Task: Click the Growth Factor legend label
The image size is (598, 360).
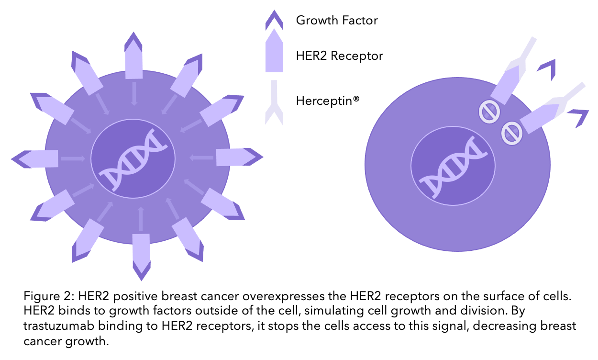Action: (x=337, y=21)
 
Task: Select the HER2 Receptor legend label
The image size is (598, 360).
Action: (x=339, y=56)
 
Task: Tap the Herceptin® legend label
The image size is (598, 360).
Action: (x=328, y=101)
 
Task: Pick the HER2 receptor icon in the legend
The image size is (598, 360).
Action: (x=274, y=51)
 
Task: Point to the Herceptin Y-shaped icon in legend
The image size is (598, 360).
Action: (x=274, y=103)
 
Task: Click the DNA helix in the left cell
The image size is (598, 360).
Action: (x=133, y=160)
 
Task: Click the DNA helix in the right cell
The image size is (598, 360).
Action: (x=453, y=168)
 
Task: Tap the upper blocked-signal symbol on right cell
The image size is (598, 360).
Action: (x=489, y=112)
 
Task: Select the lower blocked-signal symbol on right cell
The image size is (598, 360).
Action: (x=512, y=133)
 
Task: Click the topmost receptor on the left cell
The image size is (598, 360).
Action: (x=133, y=56)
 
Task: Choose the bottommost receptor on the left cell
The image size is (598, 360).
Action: (x=141, y=257)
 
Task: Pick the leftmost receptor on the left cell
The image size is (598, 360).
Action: (x=35, y=159)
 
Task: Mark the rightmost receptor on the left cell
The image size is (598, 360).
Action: (x=240, y=157)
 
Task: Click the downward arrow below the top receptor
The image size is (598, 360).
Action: (x=134, y=94)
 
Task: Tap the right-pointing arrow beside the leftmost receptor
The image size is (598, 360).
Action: (x=73, y=159)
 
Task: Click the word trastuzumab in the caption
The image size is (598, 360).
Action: (x=59, y=326)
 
